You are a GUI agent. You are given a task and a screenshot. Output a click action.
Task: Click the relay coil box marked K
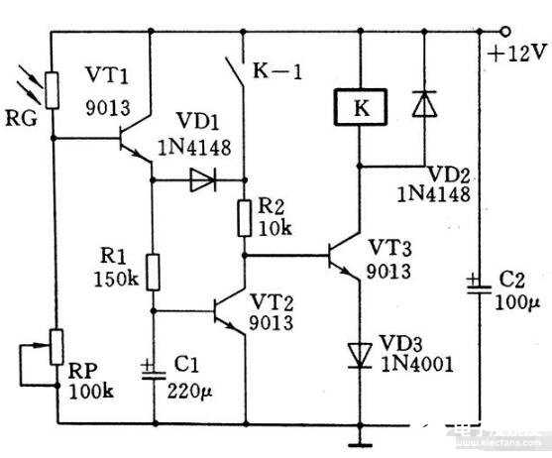tap(361, 107)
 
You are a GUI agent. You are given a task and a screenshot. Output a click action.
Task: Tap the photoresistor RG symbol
tap(53, 90)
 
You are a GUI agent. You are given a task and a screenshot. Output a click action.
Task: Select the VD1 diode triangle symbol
tap(203, 180)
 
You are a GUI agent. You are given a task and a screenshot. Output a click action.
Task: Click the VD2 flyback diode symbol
tap(424, 103)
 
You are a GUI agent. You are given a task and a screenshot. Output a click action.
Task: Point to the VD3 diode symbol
tap(360, 356)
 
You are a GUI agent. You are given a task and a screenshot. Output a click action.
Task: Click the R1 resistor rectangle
tap(153, 272)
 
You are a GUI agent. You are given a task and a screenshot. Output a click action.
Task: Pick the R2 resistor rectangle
tap(245, 218)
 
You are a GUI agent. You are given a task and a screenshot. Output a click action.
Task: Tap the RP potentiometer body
tap(56, 347)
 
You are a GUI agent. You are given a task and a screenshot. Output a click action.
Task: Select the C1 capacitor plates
tap(154, 374)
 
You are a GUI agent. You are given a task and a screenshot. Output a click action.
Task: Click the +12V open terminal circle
tap(505, 32)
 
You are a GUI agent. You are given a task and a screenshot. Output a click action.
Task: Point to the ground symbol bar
tap(360, 445)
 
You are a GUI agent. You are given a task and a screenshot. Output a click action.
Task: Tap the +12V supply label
tap(517, 54)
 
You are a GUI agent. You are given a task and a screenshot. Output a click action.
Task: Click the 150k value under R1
tap(116, 280)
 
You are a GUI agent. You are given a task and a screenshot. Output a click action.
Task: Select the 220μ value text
tap(189, 391)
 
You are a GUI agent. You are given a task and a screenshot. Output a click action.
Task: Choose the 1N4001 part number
tap(417, 364)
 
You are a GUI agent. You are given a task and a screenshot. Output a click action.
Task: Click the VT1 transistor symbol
tap(135, 139)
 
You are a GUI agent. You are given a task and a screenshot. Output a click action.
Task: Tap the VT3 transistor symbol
tap(344, 255)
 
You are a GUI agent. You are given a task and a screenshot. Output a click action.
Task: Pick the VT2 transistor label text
tap(272, 302)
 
